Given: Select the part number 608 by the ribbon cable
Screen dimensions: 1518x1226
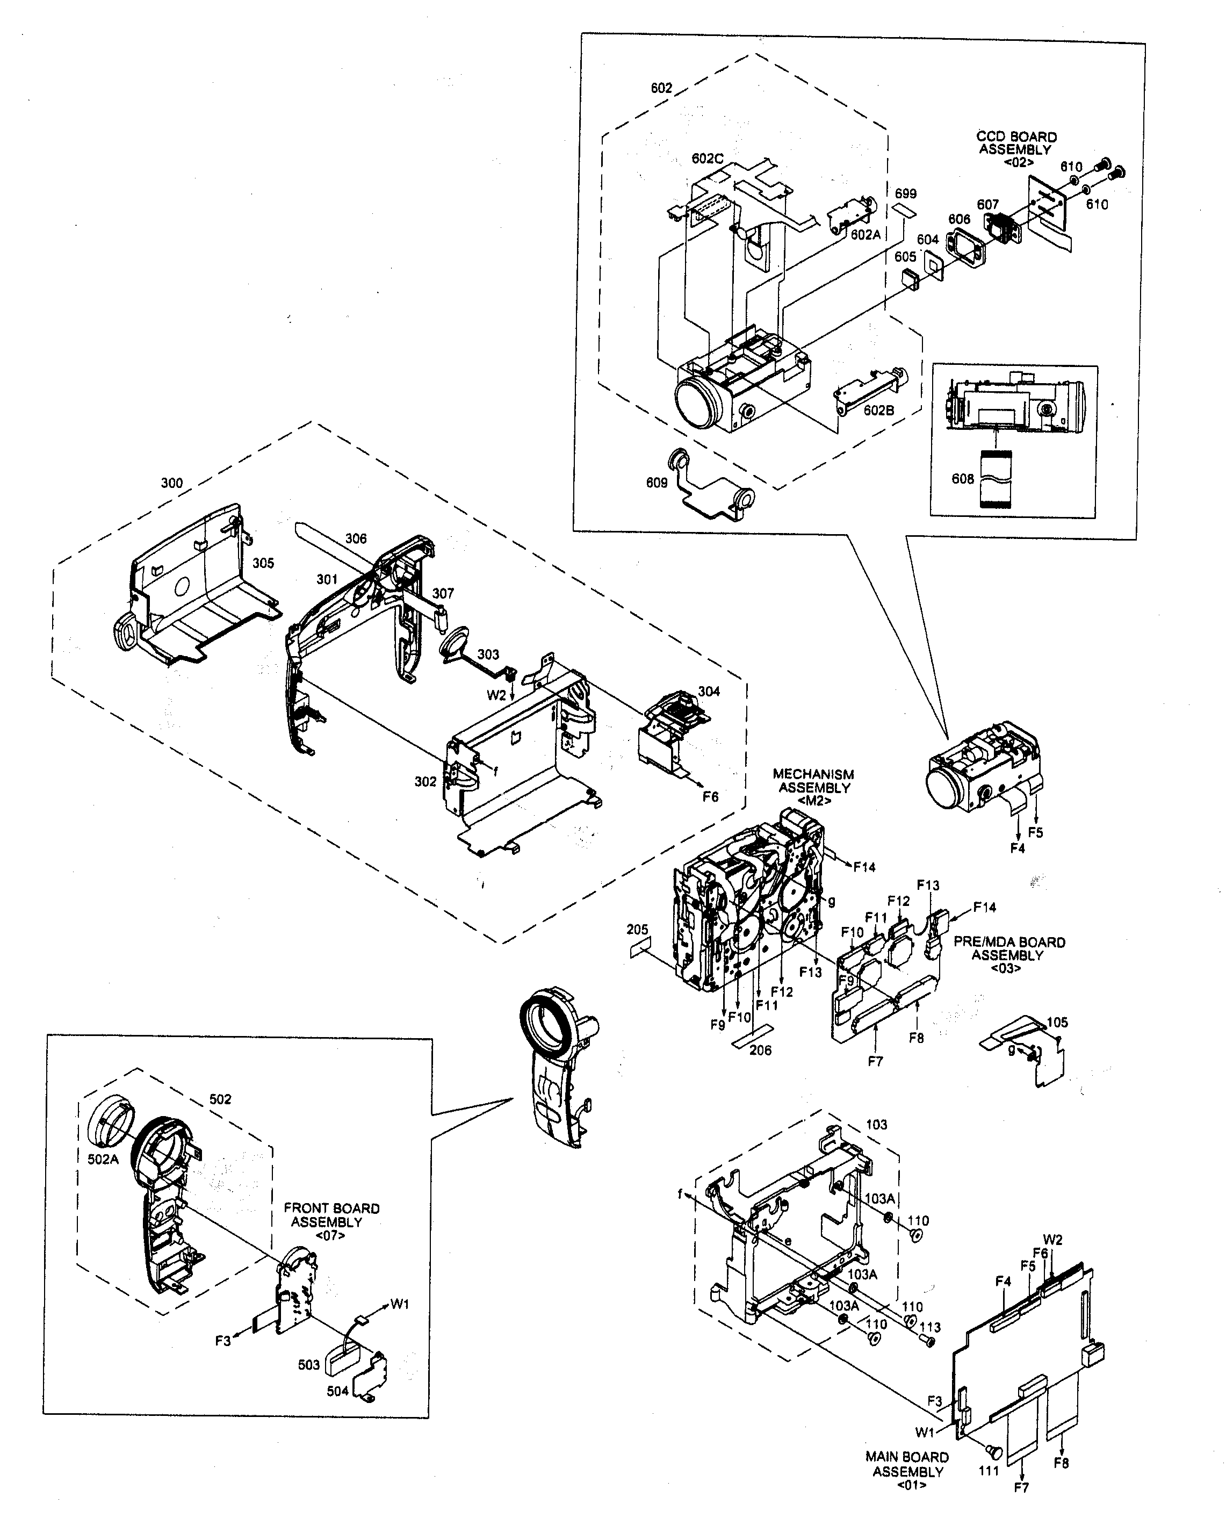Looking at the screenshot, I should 963,479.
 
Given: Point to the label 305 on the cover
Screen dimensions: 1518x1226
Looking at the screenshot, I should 263,563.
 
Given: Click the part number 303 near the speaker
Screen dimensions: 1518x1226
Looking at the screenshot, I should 488,654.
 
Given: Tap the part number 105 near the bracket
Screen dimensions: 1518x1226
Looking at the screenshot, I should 1057,1022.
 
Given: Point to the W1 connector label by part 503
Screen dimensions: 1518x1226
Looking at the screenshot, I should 399,1304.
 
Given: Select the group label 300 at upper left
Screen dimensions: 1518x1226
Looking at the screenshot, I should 171,483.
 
